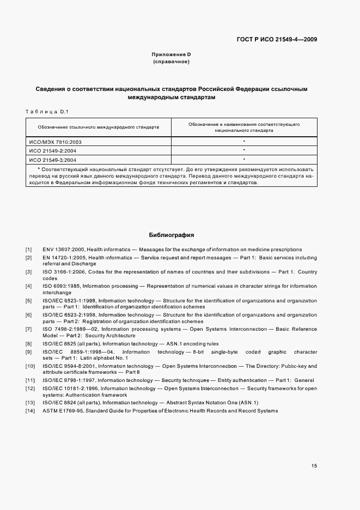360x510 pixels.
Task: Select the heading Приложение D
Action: [x=171, y=54]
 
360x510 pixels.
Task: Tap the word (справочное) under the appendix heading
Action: [x=171, y=62]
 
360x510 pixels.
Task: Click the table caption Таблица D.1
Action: [x=46, y=112]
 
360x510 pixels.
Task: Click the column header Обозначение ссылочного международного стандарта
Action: [x=99, y=127]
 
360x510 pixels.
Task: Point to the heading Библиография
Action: [x=172, y=235]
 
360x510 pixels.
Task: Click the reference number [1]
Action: [x=28, y=250]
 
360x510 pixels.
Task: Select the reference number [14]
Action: [x=29, y=410]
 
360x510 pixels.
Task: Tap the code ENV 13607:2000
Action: [x=62, y=250]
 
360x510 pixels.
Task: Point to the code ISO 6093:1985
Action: [x=61, y=286]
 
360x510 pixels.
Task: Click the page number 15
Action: [x=314, y=466]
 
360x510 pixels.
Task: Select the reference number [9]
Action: [x=28, y=352]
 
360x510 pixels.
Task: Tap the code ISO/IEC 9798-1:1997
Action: [x=68, y=380]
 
